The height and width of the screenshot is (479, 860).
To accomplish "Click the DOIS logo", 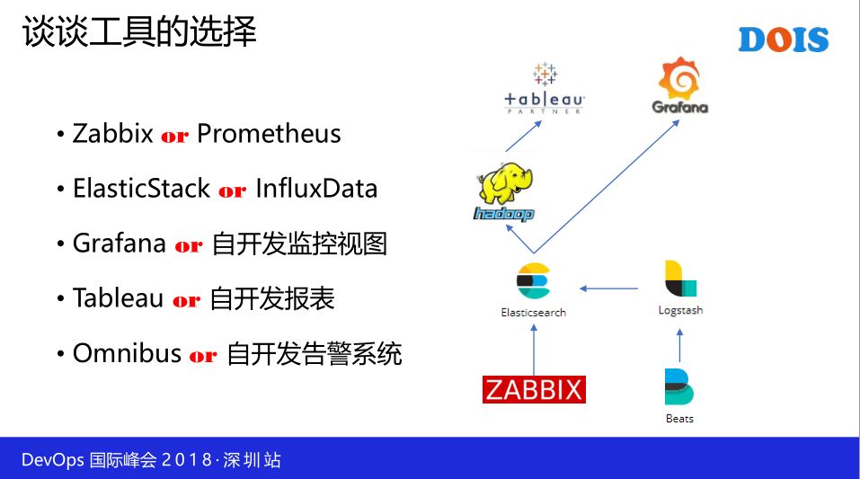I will [x=783, y=39].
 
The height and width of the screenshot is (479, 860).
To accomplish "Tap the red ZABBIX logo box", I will [x=534, y=388].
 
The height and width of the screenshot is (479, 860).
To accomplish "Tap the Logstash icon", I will [x=680, y=279].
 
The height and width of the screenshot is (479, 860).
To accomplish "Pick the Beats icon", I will [x=679, y=387].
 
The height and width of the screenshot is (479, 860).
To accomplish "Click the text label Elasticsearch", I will [x=533, y=312].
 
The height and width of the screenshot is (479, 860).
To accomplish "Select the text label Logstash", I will [x=680, y=310].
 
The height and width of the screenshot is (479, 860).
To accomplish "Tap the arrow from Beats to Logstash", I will [x=679, y=343].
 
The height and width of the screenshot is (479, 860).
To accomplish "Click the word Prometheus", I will [x=269, y=134].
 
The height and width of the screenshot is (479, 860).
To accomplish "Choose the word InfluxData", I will [x=316, y=189].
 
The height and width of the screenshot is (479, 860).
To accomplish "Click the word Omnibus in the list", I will [x=127, y=353].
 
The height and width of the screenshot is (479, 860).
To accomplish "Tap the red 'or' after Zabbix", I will [x=174, y=137].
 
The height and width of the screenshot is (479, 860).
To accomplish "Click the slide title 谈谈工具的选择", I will [x=139, y=33].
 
